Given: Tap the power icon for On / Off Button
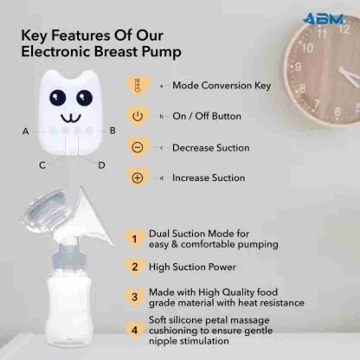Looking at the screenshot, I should click(x=137, y=115).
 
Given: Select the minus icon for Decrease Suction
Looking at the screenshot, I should click(x=137, y=147).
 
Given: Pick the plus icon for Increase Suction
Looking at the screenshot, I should click(x=137, y=178).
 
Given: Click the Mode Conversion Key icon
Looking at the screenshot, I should click(x=137, y=85).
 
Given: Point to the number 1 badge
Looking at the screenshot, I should click(x=133, y=237).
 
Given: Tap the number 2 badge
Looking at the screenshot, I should click(x=133, y=267).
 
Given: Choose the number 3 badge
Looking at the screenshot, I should click(x=133, y=297).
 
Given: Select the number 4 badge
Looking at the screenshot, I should click(x=133, y=329).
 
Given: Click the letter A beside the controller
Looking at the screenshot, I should click(x=26, y=132).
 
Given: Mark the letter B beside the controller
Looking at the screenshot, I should click(x=112, y=131).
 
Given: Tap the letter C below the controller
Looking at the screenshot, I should click(x=42, y=164).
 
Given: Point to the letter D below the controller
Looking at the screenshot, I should click(x=100, y=164).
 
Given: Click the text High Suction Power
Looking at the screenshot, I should click(x=192, y=267).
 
